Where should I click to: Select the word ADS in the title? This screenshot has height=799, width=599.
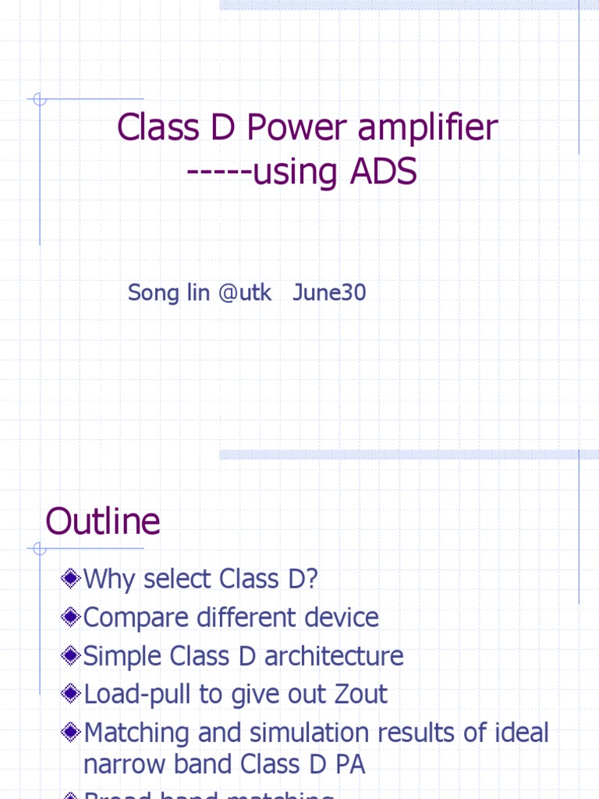click(384, 172)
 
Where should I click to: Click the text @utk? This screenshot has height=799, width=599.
click(245, 293)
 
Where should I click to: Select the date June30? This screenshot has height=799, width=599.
click(329, 293)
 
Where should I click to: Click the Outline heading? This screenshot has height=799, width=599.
click(103, 521)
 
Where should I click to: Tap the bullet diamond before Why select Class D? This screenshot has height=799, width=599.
click(71, 578)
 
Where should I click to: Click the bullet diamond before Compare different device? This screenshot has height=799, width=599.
click(71, 617)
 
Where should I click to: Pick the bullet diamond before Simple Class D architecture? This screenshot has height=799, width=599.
click(71, 655)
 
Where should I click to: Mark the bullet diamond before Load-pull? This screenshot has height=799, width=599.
click(71, 693)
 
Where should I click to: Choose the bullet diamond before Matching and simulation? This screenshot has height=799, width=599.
click(71, 732)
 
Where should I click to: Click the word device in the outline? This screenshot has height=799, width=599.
click(341, 617)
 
